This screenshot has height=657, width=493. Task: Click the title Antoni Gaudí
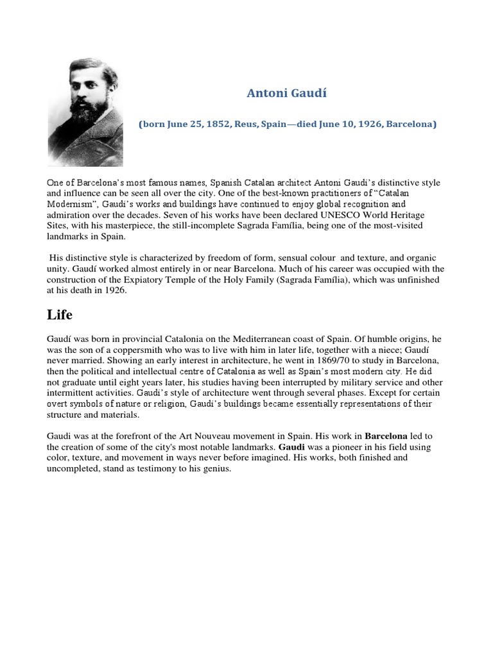point(287,93)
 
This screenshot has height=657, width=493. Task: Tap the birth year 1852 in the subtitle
point(216,124)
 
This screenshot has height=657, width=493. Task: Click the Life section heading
point(60,315)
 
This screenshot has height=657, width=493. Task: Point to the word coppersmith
point(146,349)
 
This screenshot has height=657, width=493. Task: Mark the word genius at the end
point(215,469)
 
